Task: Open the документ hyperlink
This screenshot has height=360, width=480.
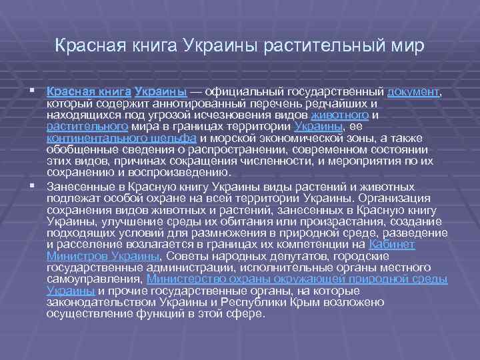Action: (x=413, y=91)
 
